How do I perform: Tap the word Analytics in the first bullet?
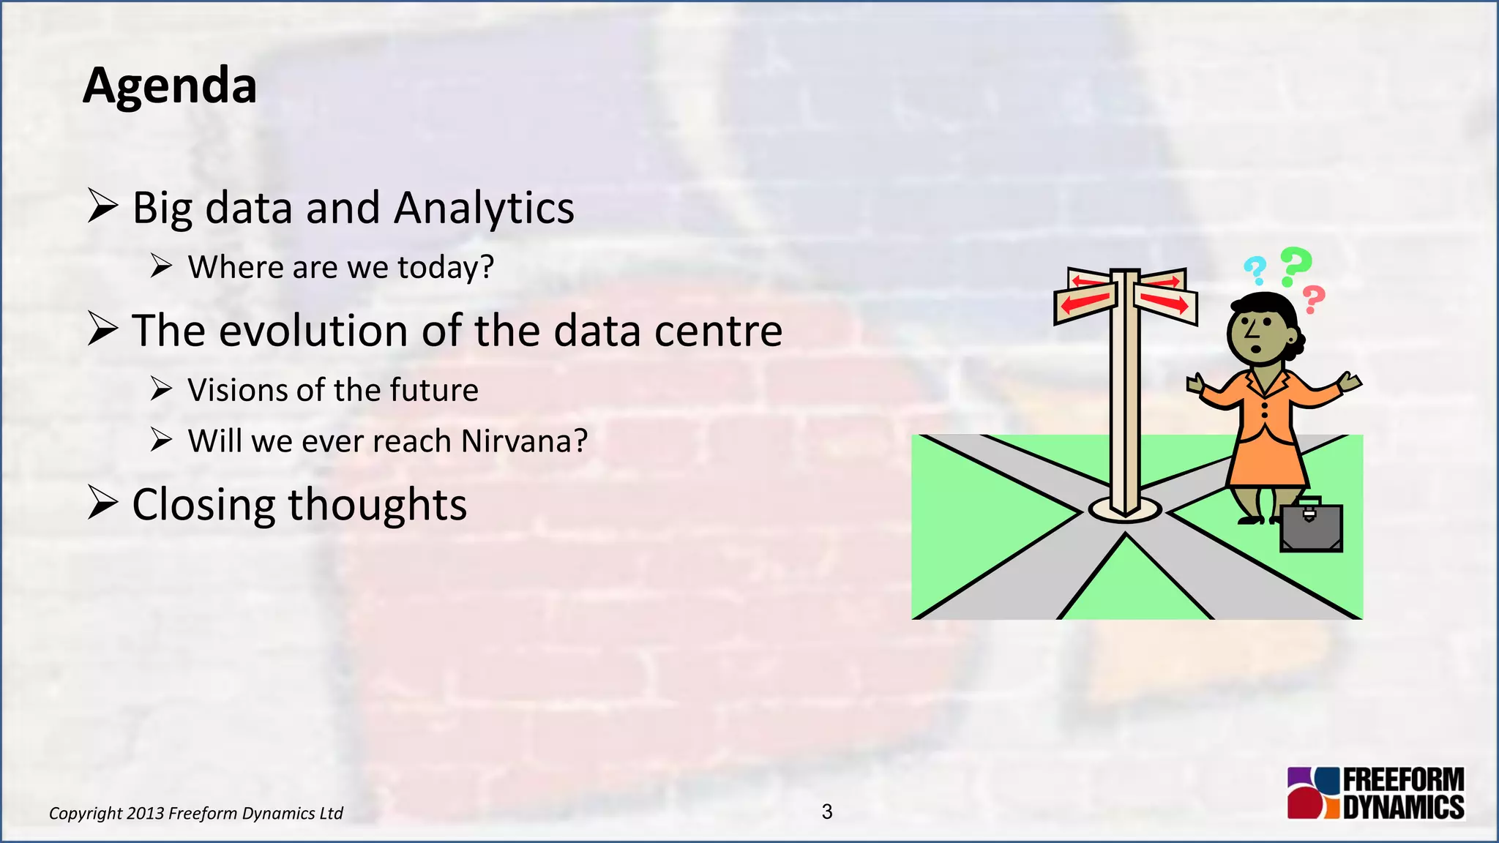click(484, 209)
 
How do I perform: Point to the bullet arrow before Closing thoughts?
click(102, 503)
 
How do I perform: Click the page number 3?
click(827, 812)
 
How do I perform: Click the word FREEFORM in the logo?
click(1403, 780)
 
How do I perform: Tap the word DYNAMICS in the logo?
click(1403, 807)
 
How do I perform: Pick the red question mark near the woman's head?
click(1314, 299)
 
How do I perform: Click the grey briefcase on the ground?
click(1310, 527)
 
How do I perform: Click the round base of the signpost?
click(1124, 510)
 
